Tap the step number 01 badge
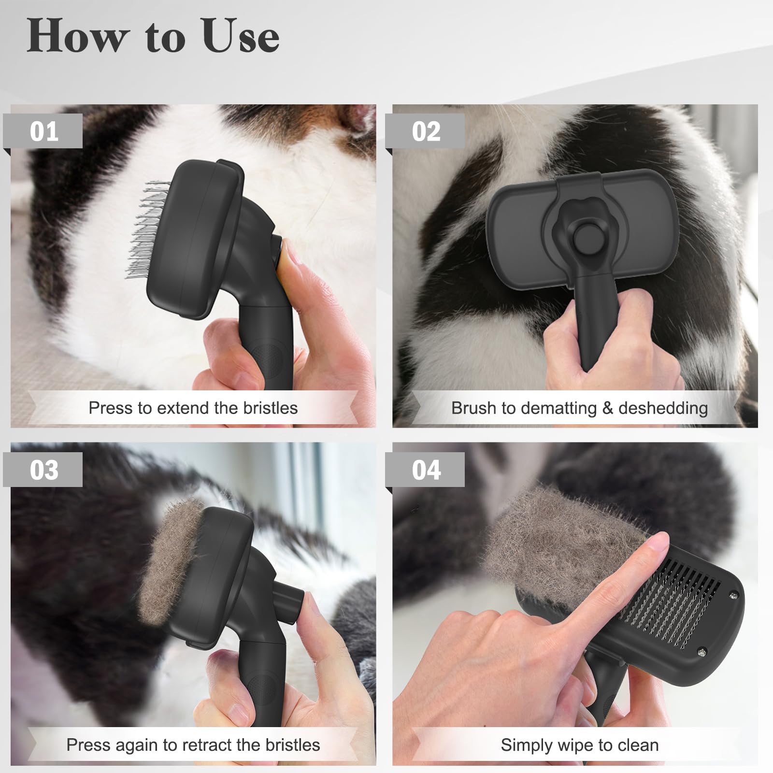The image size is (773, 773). (44, 131)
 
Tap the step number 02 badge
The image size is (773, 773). (426, 131)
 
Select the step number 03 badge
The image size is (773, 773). (44, 470)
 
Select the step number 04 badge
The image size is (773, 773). (426, 470)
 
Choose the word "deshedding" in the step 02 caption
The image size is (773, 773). (663, 408)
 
